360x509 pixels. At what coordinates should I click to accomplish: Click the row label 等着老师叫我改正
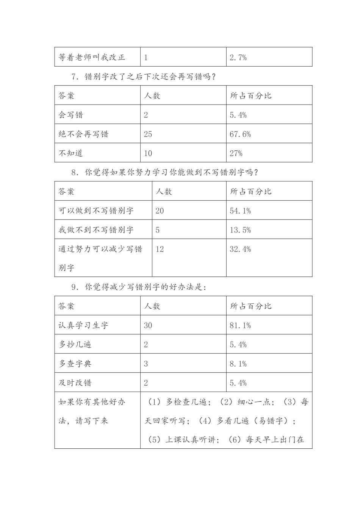tap(92, 58)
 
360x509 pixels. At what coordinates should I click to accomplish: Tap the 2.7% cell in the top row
tap(238, 58)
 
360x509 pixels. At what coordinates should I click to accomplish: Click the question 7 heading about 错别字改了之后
tap(144, 77)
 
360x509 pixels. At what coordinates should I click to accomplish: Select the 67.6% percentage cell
tap(240, 134)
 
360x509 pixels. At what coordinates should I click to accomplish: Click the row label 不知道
tap(71, 153)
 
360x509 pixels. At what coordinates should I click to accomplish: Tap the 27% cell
tap(236, 153)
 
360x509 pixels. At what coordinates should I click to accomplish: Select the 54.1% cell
tap(240, 211)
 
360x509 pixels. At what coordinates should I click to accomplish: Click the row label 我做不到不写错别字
tap(96, 230)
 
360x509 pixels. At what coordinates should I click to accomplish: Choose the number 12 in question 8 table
tap(160, 249)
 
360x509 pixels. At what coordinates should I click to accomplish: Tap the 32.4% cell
tap(240, 249)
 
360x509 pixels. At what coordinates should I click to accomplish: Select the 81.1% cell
tap(240, 325)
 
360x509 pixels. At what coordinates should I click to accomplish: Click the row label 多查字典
tap(75, 364)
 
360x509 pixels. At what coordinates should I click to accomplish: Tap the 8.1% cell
tap(238, 364)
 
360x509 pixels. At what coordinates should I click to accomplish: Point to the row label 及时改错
tap(75, 383)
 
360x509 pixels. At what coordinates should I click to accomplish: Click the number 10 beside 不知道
tap(148, 153)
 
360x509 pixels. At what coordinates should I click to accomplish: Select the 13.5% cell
tap(240, 230)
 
